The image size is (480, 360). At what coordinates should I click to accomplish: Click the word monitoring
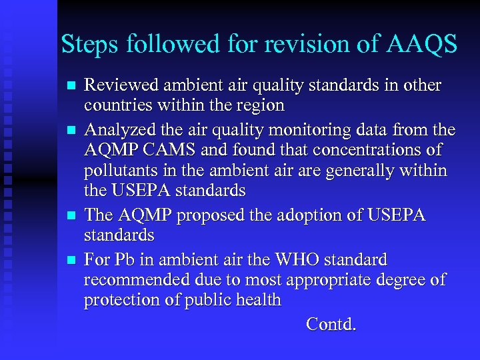pos(301,129)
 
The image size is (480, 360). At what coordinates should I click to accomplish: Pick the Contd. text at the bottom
pos(331,325)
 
